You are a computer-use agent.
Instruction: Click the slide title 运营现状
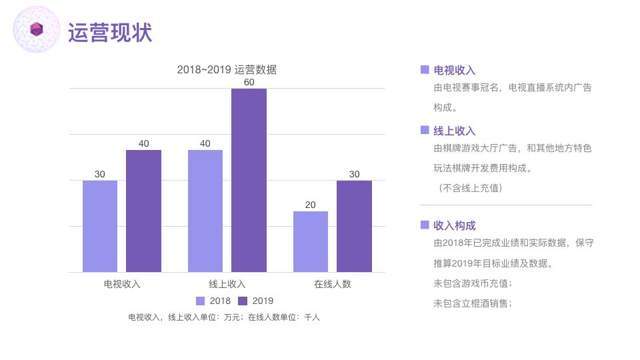110,31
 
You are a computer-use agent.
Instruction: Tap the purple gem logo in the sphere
37,28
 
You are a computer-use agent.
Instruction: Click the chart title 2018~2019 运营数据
227,69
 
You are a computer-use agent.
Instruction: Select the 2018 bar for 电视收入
100,226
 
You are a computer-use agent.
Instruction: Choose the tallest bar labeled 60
249,180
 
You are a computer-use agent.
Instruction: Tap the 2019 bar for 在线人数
354,226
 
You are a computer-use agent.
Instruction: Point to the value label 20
311,205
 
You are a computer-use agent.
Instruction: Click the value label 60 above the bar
249,82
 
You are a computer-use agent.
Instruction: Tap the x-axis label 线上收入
227,284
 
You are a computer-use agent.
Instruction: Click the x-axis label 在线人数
333,284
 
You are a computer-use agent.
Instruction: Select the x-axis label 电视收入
122,284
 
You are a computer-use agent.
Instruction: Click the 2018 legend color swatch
201,301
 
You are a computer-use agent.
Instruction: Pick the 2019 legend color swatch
243,301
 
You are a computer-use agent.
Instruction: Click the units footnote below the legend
224,318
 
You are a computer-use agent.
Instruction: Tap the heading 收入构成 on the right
455,225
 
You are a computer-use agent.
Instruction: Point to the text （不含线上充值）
471,188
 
